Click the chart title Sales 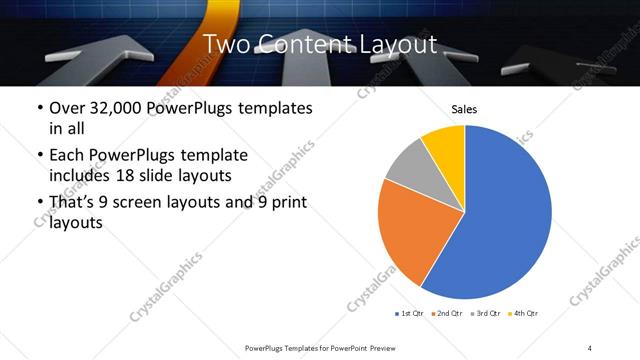tap(464, 109)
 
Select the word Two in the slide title tap(225, 44)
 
